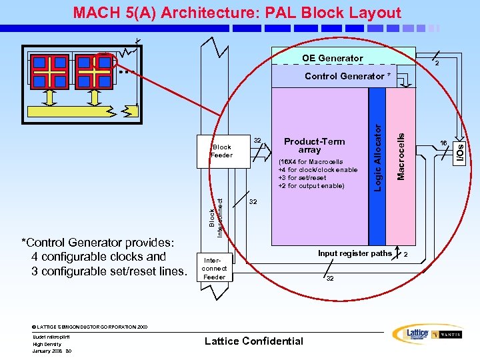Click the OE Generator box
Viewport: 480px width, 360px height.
pyautogui.click(x=332, y=58)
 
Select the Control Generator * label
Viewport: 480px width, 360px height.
pyautogui.click(x=347, y=76)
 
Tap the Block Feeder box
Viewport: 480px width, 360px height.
pyautogui.click(x=221, y=151)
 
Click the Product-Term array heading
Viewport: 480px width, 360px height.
pyautogui.click(x=314, y=145)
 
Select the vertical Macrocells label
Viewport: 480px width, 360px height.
pyautogui.click(x=401, y=155)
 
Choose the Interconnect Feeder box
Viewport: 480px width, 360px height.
pyautogui.click(x=214, y=269)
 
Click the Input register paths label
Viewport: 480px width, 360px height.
pyautogui.click(x=355, y=253)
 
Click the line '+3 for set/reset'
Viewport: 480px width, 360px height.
pyautogui.click(x=302, y=178)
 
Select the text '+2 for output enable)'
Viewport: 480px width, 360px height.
pyautogui.click(x=311, y=186)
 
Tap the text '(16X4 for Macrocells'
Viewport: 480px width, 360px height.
pyautogui.click(x=310, y=161)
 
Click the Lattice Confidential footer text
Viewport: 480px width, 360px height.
pyautogui.click(x=253, y=341)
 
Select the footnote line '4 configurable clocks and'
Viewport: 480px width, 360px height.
pyautogui.click(x=99, y=257)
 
